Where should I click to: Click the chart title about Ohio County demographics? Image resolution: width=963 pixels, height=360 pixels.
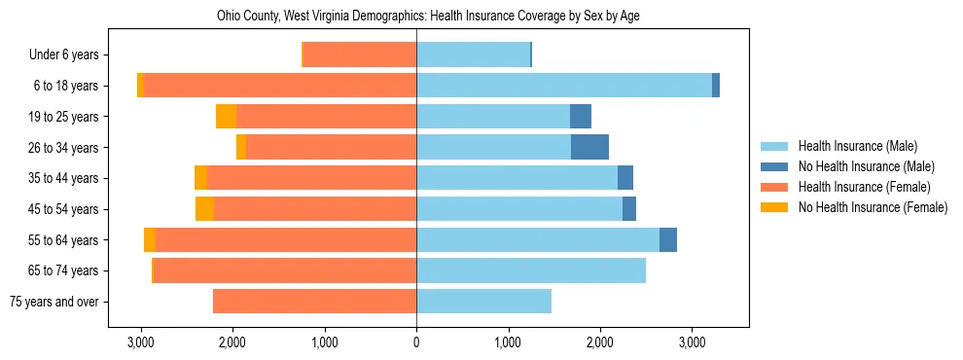tap(481, 16)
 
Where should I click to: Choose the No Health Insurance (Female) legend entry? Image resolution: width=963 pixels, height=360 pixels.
tap(873, 207)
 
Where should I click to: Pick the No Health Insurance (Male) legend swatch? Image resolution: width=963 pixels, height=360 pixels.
tap(774, 166)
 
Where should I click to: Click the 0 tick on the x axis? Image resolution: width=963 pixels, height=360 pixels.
tap(416, 342)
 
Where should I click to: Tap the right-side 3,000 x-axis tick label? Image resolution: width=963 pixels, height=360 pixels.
tap(692, 342)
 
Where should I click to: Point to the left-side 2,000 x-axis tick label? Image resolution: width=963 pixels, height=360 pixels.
tap(232, 342)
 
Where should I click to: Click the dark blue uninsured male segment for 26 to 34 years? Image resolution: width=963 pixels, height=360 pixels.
tap(589, 148)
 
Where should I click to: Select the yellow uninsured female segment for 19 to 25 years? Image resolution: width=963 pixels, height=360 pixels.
tap(226, 117)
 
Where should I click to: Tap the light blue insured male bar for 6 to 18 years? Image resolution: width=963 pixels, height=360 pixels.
tap(564, 86)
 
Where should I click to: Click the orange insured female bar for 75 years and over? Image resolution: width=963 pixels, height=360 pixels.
tap(314, 302)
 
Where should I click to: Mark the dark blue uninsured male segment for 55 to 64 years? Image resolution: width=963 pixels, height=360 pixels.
tap(668, 240)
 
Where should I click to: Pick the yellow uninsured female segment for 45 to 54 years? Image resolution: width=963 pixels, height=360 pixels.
tap(204, 209)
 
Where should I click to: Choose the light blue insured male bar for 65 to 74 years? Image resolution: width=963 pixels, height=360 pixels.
tap(531, 270)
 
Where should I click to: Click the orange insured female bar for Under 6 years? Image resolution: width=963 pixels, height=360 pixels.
tap(360, 55)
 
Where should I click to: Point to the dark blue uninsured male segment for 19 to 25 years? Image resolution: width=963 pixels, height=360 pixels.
tap(581, 117)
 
